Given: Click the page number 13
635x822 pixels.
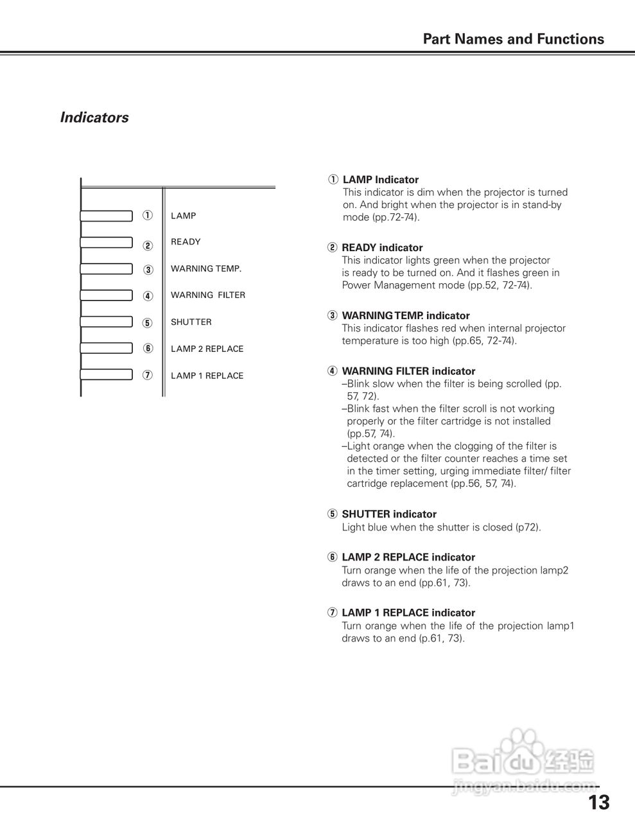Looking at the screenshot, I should [x=598, y=803].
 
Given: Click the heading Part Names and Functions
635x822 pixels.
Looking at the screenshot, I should [x=513, y=39].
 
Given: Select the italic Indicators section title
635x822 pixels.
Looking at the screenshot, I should [x=94, y=118].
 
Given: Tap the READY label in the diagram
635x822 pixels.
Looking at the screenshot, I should [x=186, y=242].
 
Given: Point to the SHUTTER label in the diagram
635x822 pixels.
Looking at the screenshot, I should [x=191, y=322].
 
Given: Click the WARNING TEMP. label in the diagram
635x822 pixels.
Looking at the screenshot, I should [x=206, y=269].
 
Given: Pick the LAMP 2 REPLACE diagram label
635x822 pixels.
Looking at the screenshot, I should [x=207, y=349].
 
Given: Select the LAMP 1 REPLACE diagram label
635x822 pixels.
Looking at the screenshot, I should [x=207, y=376].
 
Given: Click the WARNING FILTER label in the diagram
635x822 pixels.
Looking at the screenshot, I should [x=207, y=295].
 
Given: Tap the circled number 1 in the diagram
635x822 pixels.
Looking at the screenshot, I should [x=148, y=216].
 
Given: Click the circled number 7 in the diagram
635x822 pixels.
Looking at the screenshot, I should [x=148, y=376].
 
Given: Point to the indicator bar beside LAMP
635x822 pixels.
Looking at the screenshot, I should [x=107, y=215].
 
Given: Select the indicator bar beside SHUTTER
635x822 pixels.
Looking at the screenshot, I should [x=107, y=322].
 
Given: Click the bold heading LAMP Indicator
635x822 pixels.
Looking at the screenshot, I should [x=380, y=180].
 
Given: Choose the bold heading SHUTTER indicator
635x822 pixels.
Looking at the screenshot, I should [x=388, y=514].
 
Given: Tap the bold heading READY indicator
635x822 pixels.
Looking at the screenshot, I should [x=382, y=248].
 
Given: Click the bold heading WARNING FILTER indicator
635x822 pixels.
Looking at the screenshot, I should [x=408, y=371].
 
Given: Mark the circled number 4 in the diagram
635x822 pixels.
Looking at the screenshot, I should [x=148, y=296].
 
